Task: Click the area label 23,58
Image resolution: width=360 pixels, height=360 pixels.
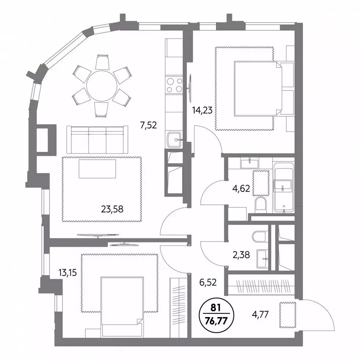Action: [x=112, y=209]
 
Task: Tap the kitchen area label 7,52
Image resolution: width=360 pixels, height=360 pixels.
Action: [x=148, y=125]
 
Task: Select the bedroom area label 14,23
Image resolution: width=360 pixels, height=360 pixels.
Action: [x=202, y=110]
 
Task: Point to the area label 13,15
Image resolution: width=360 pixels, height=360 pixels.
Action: [x=67, y=273]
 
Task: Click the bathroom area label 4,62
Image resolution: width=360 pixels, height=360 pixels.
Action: [x=241, y=189]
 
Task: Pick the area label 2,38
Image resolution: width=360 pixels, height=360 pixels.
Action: [x=241, y=255]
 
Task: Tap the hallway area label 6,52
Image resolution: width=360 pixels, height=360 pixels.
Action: [x=208, y=282]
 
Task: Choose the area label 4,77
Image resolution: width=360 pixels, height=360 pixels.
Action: [x=260, y=314]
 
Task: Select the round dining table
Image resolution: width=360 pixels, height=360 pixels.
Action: [x=102, y=86]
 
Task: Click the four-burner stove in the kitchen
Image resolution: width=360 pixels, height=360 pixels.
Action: [x=174, y=85]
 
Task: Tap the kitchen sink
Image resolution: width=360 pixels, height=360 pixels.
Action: [x=174, y=139]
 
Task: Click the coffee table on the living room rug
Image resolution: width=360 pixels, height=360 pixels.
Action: [x=97, y=169]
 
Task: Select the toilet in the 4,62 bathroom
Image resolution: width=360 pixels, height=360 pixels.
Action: [x=260, y=203]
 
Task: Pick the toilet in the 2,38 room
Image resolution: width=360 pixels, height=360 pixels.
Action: [x=259, y=237]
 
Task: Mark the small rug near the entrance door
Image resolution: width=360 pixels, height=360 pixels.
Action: [x=288, y=315]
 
